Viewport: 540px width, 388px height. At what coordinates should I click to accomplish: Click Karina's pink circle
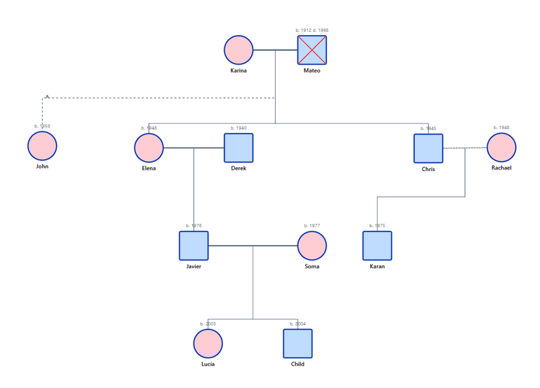(239, 50)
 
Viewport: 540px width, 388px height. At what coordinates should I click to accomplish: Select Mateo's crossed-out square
(312, 50)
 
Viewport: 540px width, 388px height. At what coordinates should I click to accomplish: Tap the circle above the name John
(42, 146)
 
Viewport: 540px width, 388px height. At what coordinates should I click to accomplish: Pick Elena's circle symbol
(149, 148)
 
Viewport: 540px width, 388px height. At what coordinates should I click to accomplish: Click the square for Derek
(239, 148)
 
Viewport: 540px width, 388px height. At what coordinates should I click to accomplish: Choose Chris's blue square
(428, 148)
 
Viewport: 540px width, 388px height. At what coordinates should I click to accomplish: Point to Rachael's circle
(501, 147)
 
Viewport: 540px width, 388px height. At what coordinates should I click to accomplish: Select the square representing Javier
(194, 246)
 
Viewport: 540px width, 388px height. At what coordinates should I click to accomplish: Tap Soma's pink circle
(312, 246)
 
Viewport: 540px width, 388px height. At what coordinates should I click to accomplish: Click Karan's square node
(377, 246)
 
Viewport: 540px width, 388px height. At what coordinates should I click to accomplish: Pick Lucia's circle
(208, 344)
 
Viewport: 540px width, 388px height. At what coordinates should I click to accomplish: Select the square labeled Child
(298, 344)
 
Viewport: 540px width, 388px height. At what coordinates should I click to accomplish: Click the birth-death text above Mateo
(312, 30)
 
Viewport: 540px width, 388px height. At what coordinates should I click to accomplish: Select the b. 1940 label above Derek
(239, 128)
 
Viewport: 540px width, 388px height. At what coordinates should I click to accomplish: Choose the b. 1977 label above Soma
(312, 226)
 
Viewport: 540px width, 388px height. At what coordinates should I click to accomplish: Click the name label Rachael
(501, 168)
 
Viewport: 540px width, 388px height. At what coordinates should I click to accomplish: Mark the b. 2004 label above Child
(298, 324)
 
